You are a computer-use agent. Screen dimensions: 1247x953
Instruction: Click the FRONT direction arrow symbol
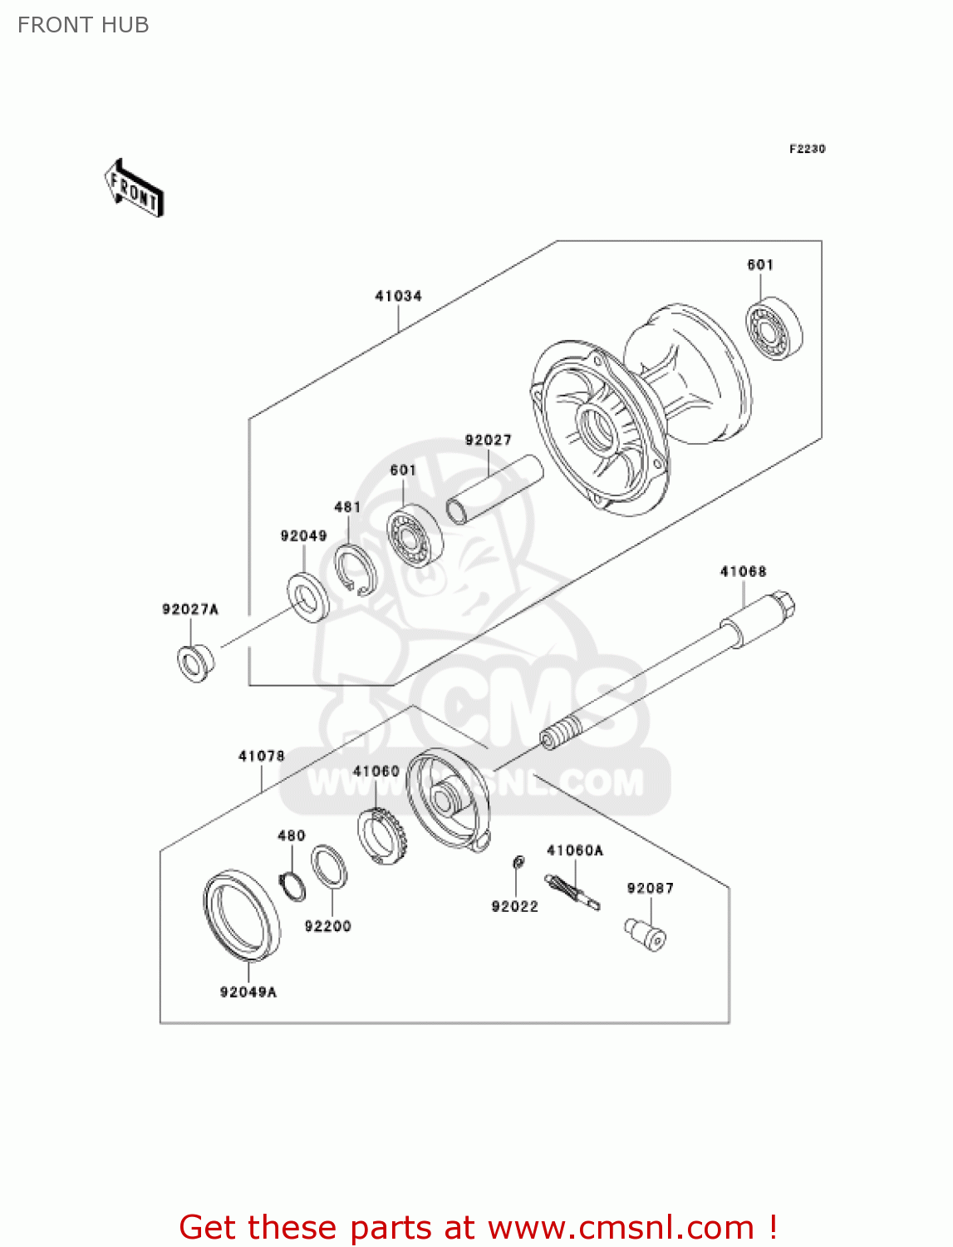click(134, 189)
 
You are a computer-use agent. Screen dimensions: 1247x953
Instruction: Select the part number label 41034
click(398, 296)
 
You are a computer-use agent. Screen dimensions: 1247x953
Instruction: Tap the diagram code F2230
click(807, 149)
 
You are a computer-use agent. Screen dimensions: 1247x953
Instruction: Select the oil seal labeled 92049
click(307, 596)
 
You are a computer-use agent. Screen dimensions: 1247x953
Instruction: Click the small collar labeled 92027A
click(196, 662)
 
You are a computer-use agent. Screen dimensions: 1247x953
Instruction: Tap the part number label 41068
click(743, 572)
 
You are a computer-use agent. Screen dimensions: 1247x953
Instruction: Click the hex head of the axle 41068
click(784, 604)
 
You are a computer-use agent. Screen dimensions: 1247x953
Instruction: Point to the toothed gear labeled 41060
click(380, 835)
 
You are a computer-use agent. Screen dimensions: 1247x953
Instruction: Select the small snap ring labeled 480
click(292, 886)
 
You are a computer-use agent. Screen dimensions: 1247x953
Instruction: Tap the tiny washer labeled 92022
click(517, 862)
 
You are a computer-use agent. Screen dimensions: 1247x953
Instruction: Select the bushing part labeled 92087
click(646, 934)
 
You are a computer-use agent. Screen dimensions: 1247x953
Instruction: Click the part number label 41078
click(261, 757)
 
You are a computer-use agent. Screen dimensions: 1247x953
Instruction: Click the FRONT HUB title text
click(83, 25)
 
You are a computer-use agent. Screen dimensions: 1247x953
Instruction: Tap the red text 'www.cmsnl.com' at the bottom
click(620, 1227)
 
